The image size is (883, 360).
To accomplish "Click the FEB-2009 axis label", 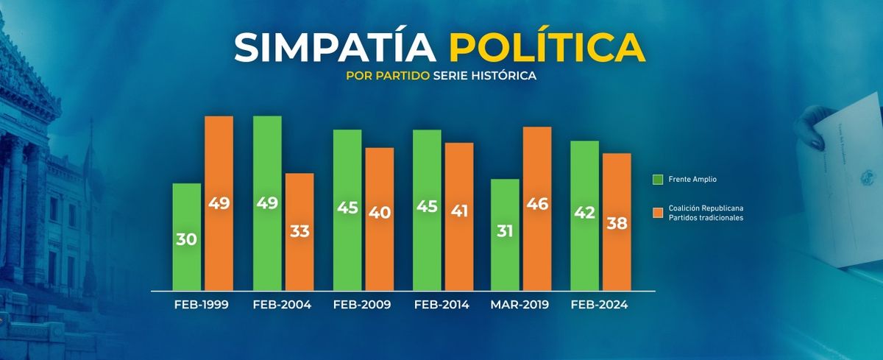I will point(362,305).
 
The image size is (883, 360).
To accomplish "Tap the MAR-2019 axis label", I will point(520,305).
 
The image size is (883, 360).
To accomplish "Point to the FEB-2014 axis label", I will point(441,305).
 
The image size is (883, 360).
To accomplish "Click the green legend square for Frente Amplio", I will point(658,180).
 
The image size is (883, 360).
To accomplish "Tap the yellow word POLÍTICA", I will point(547,48).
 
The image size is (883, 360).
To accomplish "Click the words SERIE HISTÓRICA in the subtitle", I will point(485,77).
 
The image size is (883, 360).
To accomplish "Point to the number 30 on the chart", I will point(187,239).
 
